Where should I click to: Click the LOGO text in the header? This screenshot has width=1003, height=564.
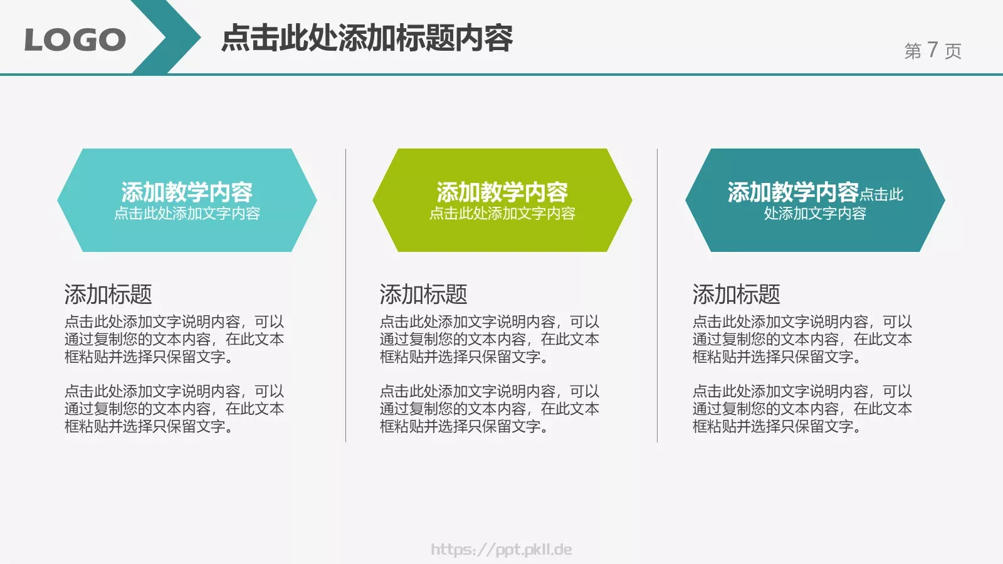pos(75,40)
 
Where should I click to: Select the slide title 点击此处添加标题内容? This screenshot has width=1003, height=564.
pos(367,38)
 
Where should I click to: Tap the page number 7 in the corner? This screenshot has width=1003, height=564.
pos(932,50)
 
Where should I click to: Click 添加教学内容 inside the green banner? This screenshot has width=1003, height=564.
pos(502,192)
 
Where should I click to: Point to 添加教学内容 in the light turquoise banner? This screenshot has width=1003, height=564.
pos(187,192)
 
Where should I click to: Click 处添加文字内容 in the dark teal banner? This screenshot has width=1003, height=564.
pos(815,214)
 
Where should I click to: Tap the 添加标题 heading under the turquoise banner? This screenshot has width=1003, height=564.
pos(108,294)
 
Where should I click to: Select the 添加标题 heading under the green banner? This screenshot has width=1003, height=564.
pos(423,294)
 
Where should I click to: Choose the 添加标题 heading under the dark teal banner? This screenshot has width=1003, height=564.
pos(736,294)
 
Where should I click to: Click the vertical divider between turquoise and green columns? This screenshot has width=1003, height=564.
pos(345,295)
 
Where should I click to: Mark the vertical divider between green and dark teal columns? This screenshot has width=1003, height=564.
pos(657,295)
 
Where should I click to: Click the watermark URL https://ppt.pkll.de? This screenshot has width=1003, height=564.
pos(501,550)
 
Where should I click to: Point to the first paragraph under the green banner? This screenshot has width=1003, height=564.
pos(489,339)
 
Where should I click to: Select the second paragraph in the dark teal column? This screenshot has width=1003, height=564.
pos(802,409)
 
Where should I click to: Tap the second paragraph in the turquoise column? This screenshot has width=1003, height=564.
pos(174,409)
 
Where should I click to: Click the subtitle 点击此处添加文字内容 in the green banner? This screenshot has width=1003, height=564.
pos(502,214)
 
